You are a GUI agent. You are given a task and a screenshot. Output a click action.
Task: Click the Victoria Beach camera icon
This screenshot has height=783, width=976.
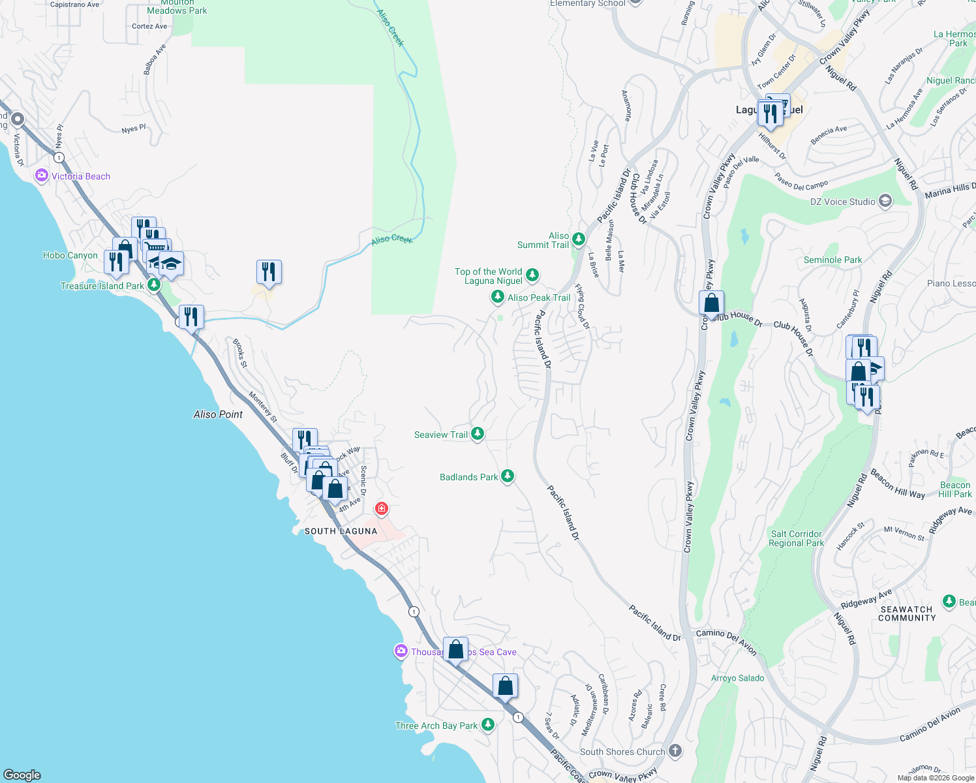pos(42,176)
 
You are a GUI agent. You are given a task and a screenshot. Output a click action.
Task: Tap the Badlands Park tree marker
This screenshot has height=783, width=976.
pos(507,477)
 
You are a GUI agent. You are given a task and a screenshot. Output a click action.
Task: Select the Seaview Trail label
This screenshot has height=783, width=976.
pos(441,435)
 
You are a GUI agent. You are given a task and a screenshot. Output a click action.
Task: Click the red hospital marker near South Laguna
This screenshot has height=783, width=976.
pos(382,508)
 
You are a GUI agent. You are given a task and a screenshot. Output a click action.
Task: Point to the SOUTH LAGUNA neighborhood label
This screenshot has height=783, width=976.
pos(341,531)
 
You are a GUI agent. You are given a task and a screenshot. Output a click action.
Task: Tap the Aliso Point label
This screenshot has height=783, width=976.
pos(218,414)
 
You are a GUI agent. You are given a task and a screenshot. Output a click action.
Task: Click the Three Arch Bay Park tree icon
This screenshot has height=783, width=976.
pos(487,725)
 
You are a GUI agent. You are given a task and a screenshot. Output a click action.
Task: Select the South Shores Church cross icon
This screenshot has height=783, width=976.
pos(675,751)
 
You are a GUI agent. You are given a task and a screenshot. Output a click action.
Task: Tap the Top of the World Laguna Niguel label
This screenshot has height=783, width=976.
pos(489,276)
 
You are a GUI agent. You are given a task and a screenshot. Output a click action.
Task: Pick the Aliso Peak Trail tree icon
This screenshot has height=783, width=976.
pos(498,298)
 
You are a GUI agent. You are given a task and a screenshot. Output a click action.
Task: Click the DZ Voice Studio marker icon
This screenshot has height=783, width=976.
pos(885,201)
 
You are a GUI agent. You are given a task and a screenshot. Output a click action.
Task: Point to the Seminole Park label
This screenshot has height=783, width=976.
pos(832,260)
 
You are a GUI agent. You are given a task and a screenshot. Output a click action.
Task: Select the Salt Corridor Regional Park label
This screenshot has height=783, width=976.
pos(796,538)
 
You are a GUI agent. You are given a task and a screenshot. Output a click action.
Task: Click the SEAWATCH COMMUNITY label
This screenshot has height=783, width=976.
pos(906,613)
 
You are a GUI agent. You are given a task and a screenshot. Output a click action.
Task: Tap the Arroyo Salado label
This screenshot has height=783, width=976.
pos(737,678)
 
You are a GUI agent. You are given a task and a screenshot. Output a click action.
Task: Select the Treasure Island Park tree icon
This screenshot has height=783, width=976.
pos(154,285)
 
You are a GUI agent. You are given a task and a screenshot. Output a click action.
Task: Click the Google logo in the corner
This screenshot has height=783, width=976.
pos(22,775)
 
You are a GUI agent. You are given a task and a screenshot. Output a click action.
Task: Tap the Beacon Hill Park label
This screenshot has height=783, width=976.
pos(954,489)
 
